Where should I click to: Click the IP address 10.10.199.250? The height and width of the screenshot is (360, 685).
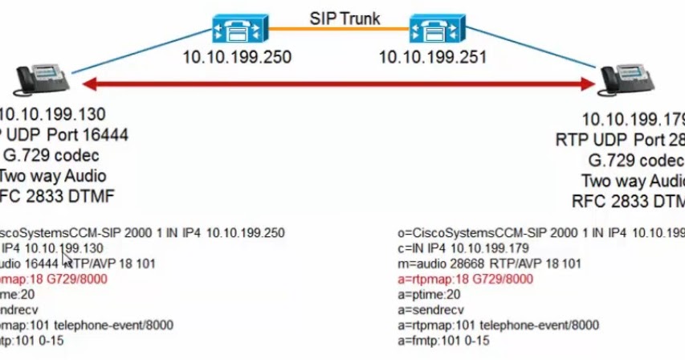(x=236, y=58)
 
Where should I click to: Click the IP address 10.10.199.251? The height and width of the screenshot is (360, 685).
(x=432, y=58)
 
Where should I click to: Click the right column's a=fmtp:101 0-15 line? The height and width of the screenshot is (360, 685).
(x=446, y=340)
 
